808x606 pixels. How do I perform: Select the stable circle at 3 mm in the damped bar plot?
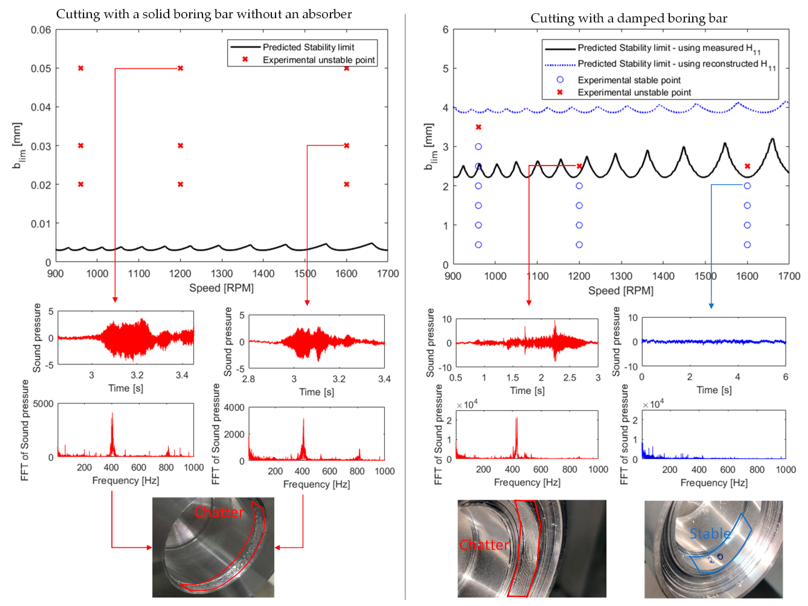[478, 146]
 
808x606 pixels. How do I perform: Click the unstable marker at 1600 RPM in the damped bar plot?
[747, 166]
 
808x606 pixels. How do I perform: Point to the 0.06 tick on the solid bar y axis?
[41, 30]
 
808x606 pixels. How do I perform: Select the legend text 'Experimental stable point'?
[629, 80]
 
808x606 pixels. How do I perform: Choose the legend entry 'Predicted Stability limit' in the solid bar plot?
[308, 47]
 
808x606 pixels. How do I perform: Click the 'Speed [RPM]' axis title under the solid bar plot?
[221, 288]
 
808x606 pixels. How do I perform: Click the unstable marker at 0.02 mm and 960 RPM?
[81, 184]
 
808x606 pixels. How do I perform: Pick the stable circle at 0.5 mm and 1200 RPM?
[579, 245]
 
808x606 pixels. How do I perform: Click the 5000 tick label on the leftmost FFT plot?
[43, 404]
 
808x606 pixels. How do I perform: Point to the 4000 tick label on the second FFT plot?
[234, 407]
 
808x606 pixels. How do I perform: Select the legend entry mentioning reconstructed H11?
[676, 64]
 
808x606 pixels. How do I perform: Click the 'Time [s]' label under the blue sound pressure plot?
[714, 390]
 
